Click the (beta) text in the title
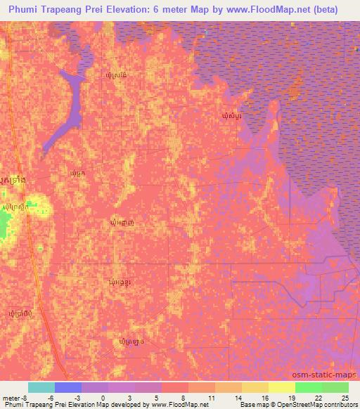pyautogui.click(x=326, y=10)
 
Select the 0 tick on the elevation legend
pyautogui.click(x=102, y=397)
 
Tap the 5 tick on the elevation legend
pyautogui.click(x=155, y=397)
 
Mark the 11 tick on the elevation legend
pyautogui.click(x=209, y=397)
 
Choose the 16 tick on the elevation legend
pyautogui.click(x=262, y=397)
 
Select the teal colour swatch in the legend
pyautogui.click(x=41, y=387)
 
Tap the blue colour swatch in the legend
pyautogui.click(x=67, y=387)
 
